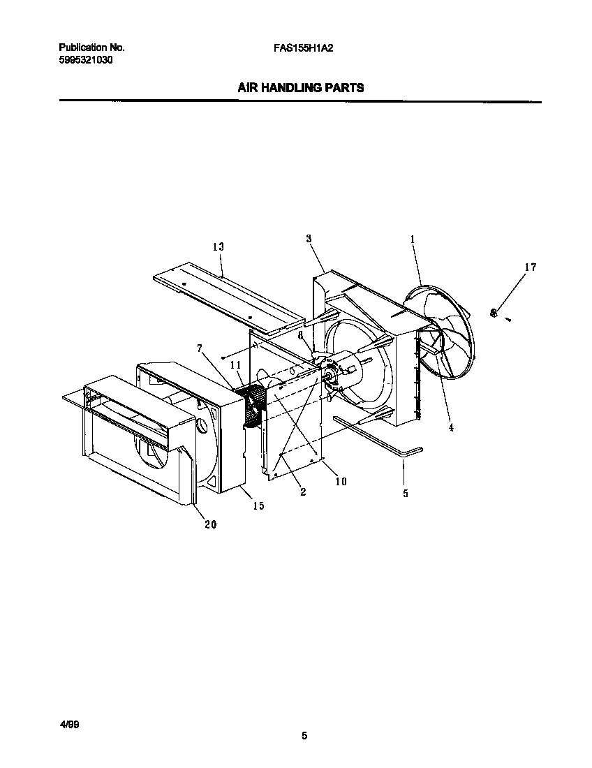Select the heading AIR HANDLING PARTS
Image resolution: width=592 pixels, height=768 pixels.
[301, 88]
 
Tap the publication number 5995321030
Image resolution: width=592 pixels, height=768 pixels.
[86, 60]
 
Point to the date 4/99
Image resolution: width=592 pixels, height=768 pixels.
[69, 726]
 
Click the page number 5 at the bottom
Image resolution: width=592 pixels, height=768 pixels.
[304, 735]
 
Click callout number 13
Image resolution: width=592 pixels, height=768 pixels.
[218, 246]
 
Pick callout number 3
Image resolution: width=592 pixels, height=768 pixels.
[308, 239]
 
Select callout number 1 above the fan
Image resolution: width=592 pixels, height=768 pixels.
[413, 239]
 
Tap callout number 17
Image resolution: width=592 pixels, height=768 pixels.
[531, 267]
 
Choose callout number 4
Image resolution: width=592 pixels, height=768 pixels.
[451, 427]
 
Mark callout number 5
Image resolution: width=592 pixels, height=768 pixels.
[406, 493]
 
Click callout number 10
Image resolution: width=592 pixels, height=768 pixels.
[341, 481]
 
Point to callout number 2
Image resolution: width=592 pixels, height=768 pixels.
[303, 492]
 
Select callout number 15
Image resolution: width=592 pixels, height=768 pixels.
[258, 505]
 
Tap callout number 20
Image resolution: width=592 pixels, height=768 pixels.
[210, 524]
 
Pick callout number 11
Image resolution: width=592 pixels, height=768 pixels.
[235, 365]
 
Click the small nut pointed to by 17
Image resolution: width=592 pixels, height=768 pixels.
[494, 313]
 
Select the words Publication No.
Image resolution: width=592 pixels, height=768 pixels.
[91, 48]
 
